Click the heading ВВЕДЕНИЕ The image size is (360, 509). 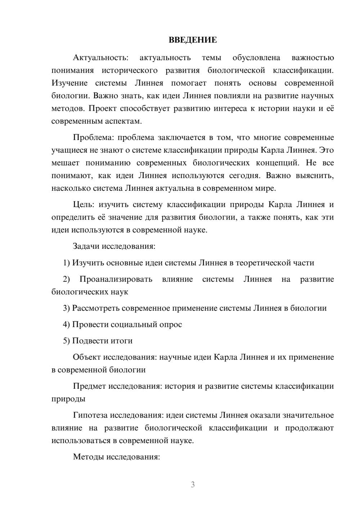[x=193, y=40]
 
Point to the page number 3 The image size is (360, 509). [x=193, y=485]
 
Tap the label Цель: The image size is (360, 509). [x=84, y=205]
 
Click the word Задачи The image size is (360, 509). [x=86, y=247]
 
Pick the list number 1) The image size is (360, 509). [x=67, y=263]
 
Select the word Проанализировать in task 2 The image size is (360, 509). [x=116, y=279]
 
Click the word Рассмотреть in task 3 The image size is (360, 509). [x=96, y=308]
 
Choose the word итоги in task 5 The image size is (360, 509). [x=122, y=341]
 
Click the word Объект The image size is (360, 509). [x=87, y=357]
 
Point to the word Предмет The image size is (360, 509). [x=89, y=386]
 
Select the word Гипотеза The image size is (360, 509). [x=90, y=415]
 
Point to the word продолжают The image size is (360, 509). [x=310, y=428]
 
